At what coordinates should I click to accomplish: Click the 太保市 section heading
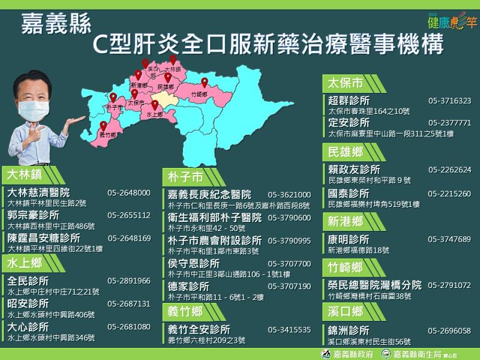pyautogui.click(x=346, y=83)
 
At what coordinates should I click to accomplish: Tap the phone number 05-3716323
pyautogui.click(x=449, y=101)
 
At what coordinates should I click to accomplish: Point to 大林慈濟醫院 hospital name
pyautogui.click(x=38, y=193)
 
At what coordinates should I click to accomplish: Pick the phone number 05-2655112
pyautogui.click(x=129, y=215)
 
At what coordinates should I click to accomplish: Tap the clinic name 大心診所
pyautogui.click(x=28, y=327)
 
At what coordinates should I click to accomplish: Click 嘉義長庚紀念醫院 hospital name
pyautogui.click(x=209, y=195)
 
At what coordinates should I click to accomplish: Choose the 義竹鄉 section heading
pyautogui.click(x=185, y=311)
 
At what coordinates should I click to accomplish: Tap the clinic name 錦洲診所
pyautogui.click(x=349, y=331)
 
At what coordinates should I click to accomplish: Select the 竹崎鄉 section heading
pyautogui.click(x=346, y=267)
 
